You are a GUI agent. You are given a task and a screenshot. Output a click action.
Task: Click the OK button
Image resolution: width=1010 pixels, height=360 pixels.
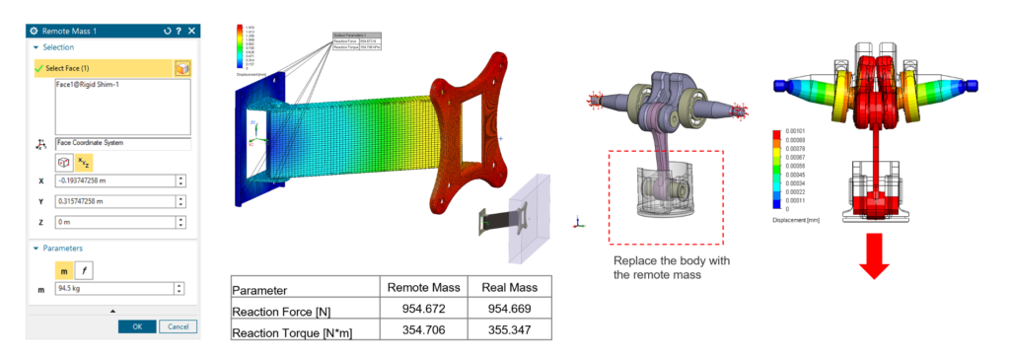click(x=137, y=326)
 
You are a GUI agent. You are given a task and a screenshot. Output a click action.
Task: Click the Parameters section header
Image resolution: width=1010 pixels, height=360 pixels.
click(x=60, y=248)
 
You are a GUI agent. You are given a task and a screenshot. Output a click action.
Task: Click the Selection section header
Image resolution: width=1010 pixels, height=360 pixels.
click(x=57, y=46)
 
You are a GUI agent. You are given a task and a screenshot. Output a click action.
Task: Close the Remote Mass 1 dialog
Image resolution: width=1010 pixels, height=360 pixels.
click(x=192, y=30)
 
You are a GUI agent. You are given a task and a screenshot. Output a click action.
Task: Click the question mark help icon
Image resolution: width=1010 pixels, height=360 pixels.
click(x=179, y=30)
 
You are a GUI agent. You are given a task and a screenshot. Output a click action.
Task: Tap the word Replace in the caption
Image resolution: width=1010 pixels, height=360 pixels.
click(x=634, y=261)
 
